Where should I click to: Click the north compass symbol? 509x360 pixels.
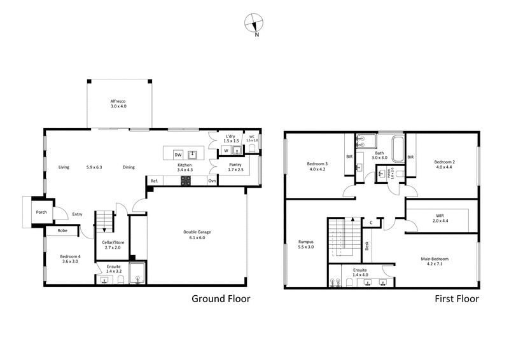click(254, 23)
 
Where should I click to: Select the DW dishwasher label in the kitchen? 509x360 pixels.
click(178, 155)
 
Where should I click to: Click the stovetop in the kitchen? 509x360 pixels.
click(186, 181)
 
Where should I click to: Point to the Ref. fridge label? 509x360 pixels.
click(154, 181)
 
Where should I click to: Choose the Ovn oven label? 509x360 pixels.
click(212, 181)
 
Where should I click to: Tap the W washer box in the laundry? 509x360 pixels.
click(225, 151)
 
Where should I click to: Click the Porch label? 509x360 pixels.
click(41, 212)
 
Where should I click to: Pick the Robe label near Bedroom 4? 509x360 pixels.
click(62, 231)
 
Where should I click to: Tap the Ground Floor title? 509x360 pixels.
click(221, 298)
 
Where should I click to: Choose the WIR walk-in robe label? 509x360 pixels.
click(440, 216)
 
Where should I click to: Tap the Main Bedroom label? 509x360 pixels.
click(435, 259)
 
